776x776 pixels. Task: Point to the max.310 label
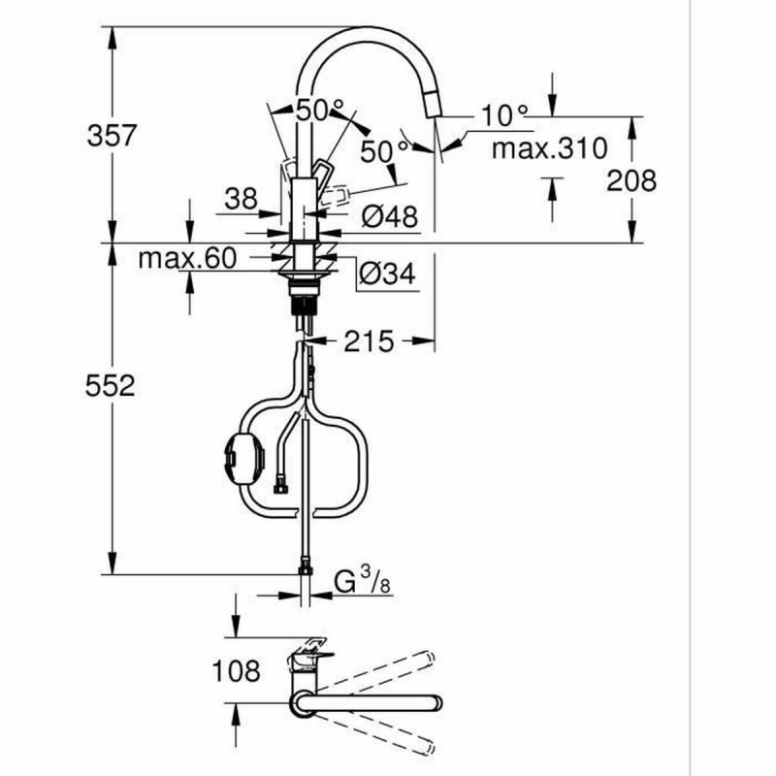coord(548,148)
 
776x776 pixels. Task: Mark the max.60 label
coord(187,259)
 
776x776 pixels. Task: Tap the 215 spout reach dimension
coord(369,340)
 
